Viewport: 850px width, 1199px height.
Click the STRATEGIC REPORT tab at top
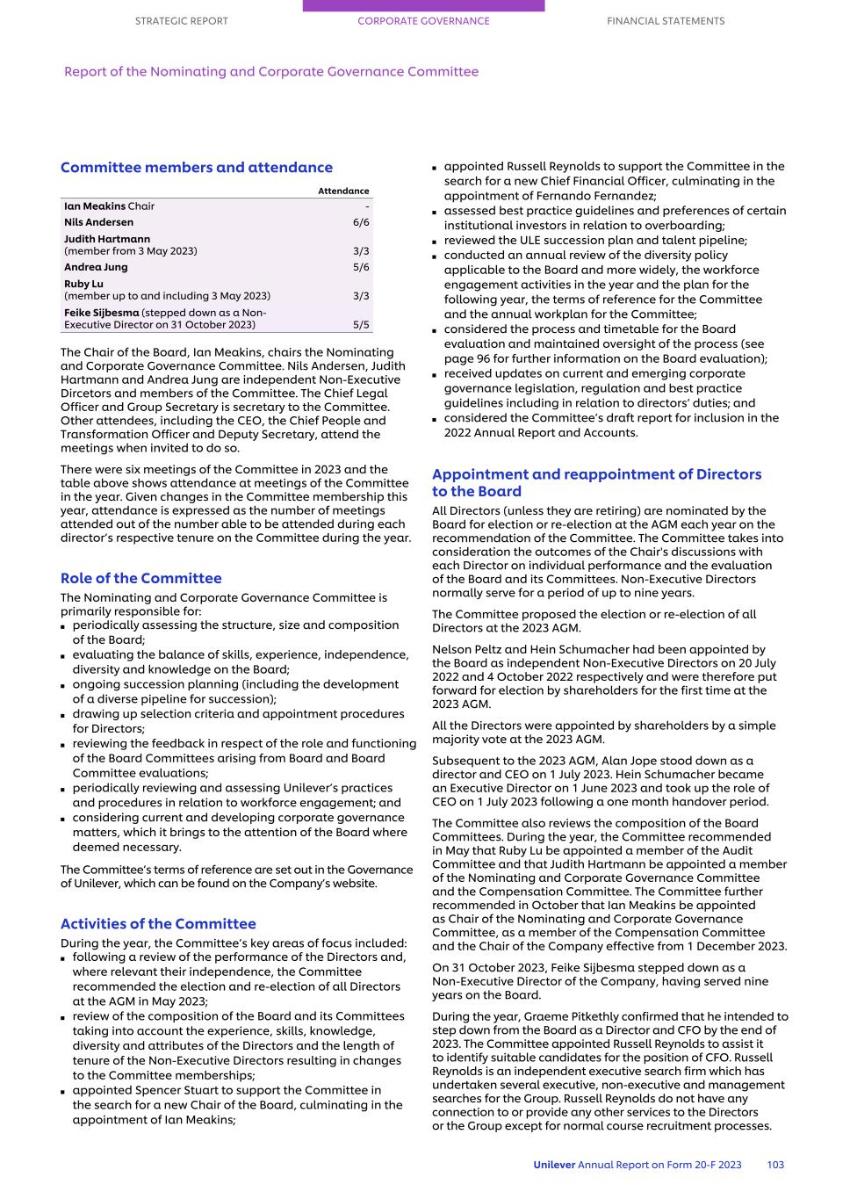point(181,21)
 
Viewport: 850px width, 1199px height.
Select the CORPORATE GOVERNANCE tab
point(423,21)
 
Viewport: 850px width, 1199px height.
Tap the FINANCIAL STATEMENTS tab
point(666,21)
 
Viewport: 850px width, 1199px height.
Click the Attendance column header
point(343,191)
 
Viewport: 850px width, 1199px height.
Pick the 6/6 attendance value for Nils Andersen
point(361,222)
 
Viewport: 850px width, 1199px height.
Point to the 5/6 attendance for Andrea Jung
point(361,267)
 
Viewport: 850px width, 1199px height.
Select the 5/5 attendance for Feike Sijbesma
point(361,325)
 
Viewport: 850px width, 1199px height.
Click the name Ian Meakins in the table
point(95,206)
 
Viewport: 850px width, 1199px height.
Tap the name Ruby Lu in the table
point(83,284)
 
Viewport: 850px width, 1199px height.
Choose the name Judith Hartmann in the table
point(107,239)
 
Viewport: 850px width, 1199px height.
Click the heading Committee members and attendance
point(197,168)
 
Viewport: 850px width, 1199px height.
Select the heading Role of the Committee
point(141,578)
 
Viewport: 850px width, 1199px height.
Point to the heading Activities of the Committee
point(158,924)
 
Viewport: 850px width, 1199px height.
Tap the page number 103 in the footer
point(775,1165)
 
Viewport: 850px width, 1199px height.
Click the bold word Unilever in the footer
point(554,1165)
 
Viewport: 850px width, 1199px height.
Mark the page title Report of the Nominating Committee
point(271,72)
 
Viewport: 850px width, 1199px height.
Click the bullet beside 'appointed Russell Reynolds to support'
point(436,167)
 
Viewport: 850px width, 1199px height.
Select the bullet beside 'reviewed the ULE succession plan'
point(436,241)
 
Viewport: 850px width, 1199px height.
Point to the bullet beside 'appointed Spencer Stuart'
point(64,1091)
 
